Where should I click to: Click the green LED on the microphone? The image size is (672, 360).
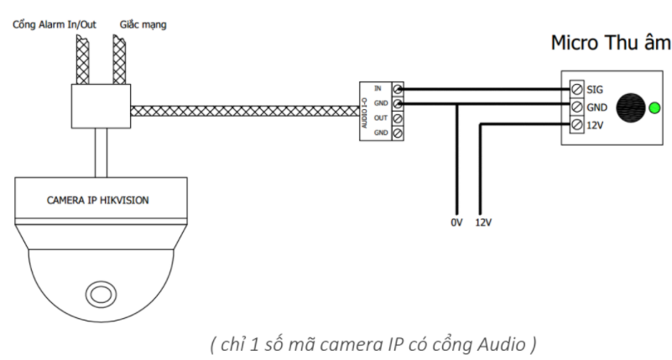(x=654, y=108)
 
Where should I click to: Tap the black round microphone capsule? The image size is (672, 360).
(x=630, y=108)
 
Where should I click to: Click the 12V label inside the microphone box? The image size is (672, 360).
(x=595, y=125)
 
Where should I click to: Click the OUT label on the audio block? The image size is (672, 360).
(x=380, y=118)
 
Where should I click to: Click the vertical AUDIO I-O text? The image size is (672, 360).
(x=365, y=111)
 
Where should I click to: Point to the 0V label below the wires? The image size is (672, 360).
(x=455, y=224)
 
